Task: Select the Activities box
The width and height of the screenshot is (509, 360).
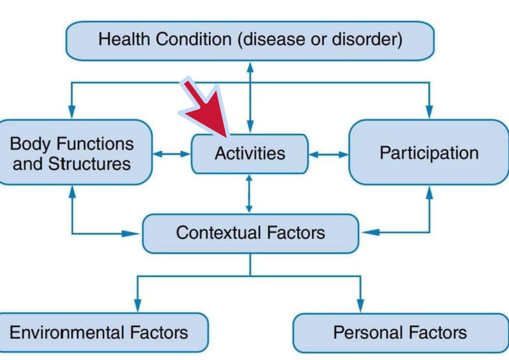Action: (x=249, y=154)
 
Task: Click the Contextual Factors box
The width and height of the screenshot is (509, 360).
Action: (x=250, y=233)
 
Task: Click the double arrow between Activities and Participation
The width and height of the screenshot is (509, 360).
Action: (x=328, y=155)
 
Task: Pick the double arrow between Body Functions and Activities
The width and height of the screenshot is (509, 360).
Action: (x=172, y=154)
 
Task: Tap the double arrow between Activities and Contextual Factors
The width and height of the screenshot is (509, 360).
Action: (x=249, y=194)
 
